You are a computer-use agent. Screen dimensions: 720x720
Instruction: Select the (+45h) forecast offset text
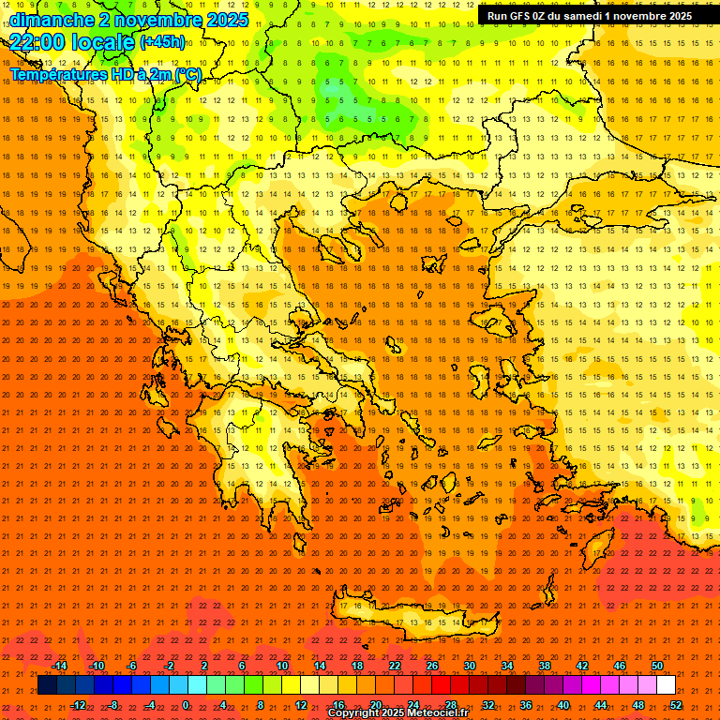[161, 41]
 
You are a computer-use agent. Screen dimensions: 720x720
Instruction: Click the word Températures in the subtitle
[54, 75]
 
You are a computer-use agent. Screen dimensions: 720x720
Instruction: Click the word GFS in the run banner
[521, 16]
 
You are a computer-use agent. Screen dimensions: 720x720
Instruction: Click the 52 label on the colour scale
[676, 704]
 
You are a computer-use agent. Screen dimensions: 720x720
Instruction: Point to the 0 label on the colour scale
[186, 704]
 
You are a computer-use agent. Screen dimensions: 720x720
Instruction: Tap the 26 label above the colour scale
[432, 666]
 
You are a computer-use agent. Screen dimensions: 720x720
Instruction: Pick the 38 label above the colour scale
[545, 666]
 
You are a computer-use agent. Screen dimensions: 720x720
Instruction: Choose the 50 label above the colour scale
[657, 666]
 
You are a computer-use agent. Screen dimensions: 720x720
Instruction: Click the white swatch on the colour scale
[667, 685]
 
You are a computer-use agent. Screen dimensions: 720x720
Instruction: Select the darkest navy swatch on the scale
[47, 685]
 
